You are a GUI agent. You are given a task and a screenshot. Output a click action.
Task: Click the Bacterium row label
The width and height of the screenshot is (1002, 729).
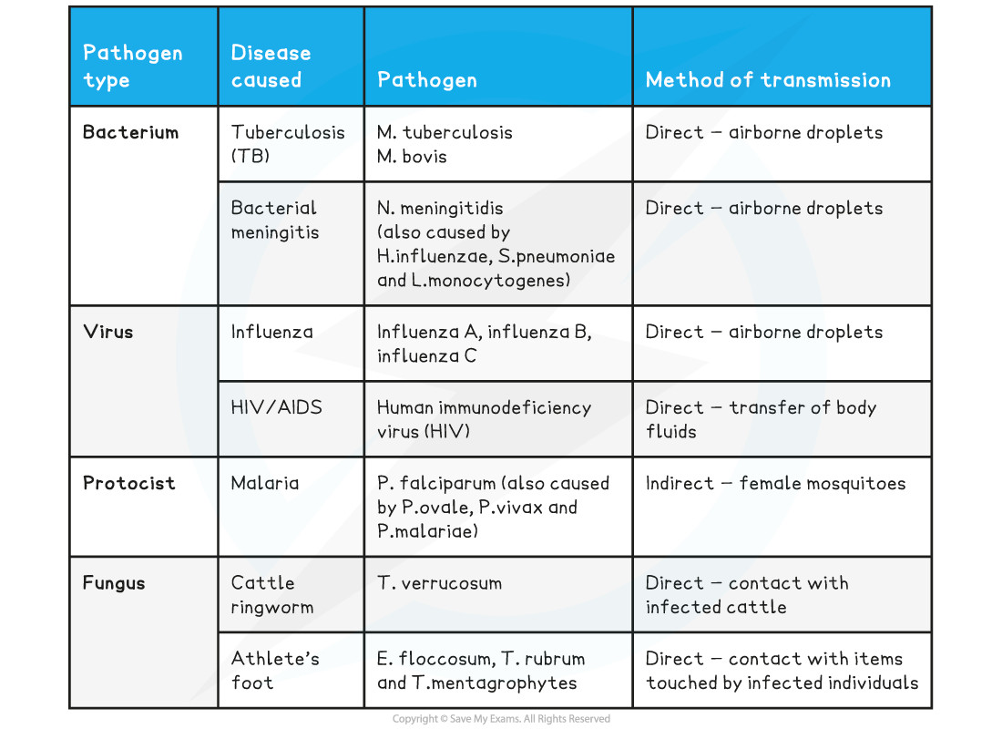click(130, 132)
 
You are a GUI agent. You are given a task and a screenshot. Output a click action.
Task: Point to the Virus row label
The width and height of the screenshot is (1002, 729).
click(108, 332)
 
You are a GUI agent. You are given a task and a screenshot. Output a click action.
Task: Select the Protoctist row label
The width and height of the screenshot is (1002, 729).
click(128, 483)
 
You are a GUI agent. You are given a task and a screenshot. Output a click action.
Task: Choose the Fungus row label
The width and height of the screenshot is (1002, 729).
click(114, 583)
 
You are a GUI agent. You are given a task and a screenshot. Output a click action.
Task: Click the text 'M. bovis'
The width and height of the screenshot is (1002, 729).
click(412, 157)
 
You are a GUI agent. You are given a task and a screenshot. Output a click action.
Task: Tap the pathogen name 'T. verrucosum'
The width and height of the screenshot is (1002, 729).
click(440, 583)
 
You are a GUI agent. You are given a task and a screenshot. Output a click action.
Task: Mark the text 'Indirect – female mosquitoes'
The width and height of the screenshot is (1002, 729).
click(775, 483)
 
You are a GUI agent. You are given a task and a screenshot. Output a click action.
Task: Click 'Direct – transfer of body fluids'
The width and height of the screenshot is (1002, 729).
click(761, 419)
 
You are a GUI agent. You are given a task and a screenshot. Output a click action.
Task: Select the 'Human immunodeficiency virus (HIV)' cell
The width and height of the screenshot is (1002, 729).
click(484, 419)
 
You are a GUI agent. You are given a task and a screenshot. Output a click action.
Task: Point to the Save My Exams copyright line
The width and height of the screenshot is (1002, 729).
click(501, 719)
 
